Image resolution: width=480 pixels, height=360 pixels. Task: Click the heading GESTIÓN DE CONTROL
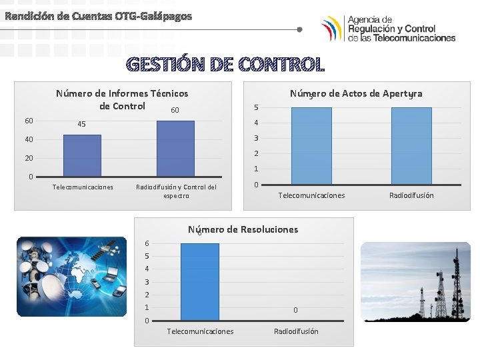[x=225, y=65]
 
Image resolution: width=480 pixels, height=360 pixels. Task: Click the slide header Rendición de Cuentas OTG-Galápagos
[x=98, y=15]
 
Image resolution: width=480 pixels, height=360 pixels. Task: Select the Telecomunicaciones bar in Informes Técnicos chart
[x=82, y=155]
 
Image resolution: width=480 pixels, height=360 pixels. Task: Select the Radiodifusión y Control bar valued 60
[x=175, y=148]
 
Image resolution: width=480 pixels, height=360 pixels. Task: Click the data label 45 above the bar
[x=81, y=125]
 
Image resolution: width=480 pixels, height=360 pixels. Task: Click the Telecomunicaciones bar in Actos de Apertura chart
[x=311, y=145]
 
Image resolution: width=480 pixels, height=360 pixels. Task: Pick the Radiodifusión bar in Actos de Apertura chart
[x=411, y=145]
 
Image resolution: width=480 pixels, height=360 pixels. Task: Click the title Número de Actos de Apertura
[x=355, y=93]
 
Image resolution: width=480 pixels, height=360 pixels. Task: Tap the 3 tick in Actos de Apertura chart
[x=256, y=138]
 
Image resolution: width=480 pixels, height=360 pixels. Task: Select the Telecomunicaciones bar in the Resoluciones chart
[x=199, y=282]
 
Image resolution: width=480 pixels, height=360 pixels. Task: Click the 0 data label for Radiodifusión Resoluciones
[x=295, y=310]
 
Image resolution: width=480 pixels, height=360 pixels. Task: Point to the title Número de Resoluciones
[x=243, y=229]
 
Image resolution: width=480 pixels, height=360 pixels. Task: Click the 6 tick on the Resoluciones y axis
[x=147, y=243]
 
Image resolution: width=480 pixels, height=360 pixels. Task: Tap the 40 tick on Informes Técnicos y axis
[x=29, y=139]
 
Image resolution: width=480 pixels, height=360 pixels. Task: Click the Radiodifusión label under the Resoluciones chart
[x=296, y=331]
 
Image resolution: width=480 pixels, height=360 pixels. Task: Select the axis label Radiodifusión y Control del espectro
[x=176, y=191]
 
